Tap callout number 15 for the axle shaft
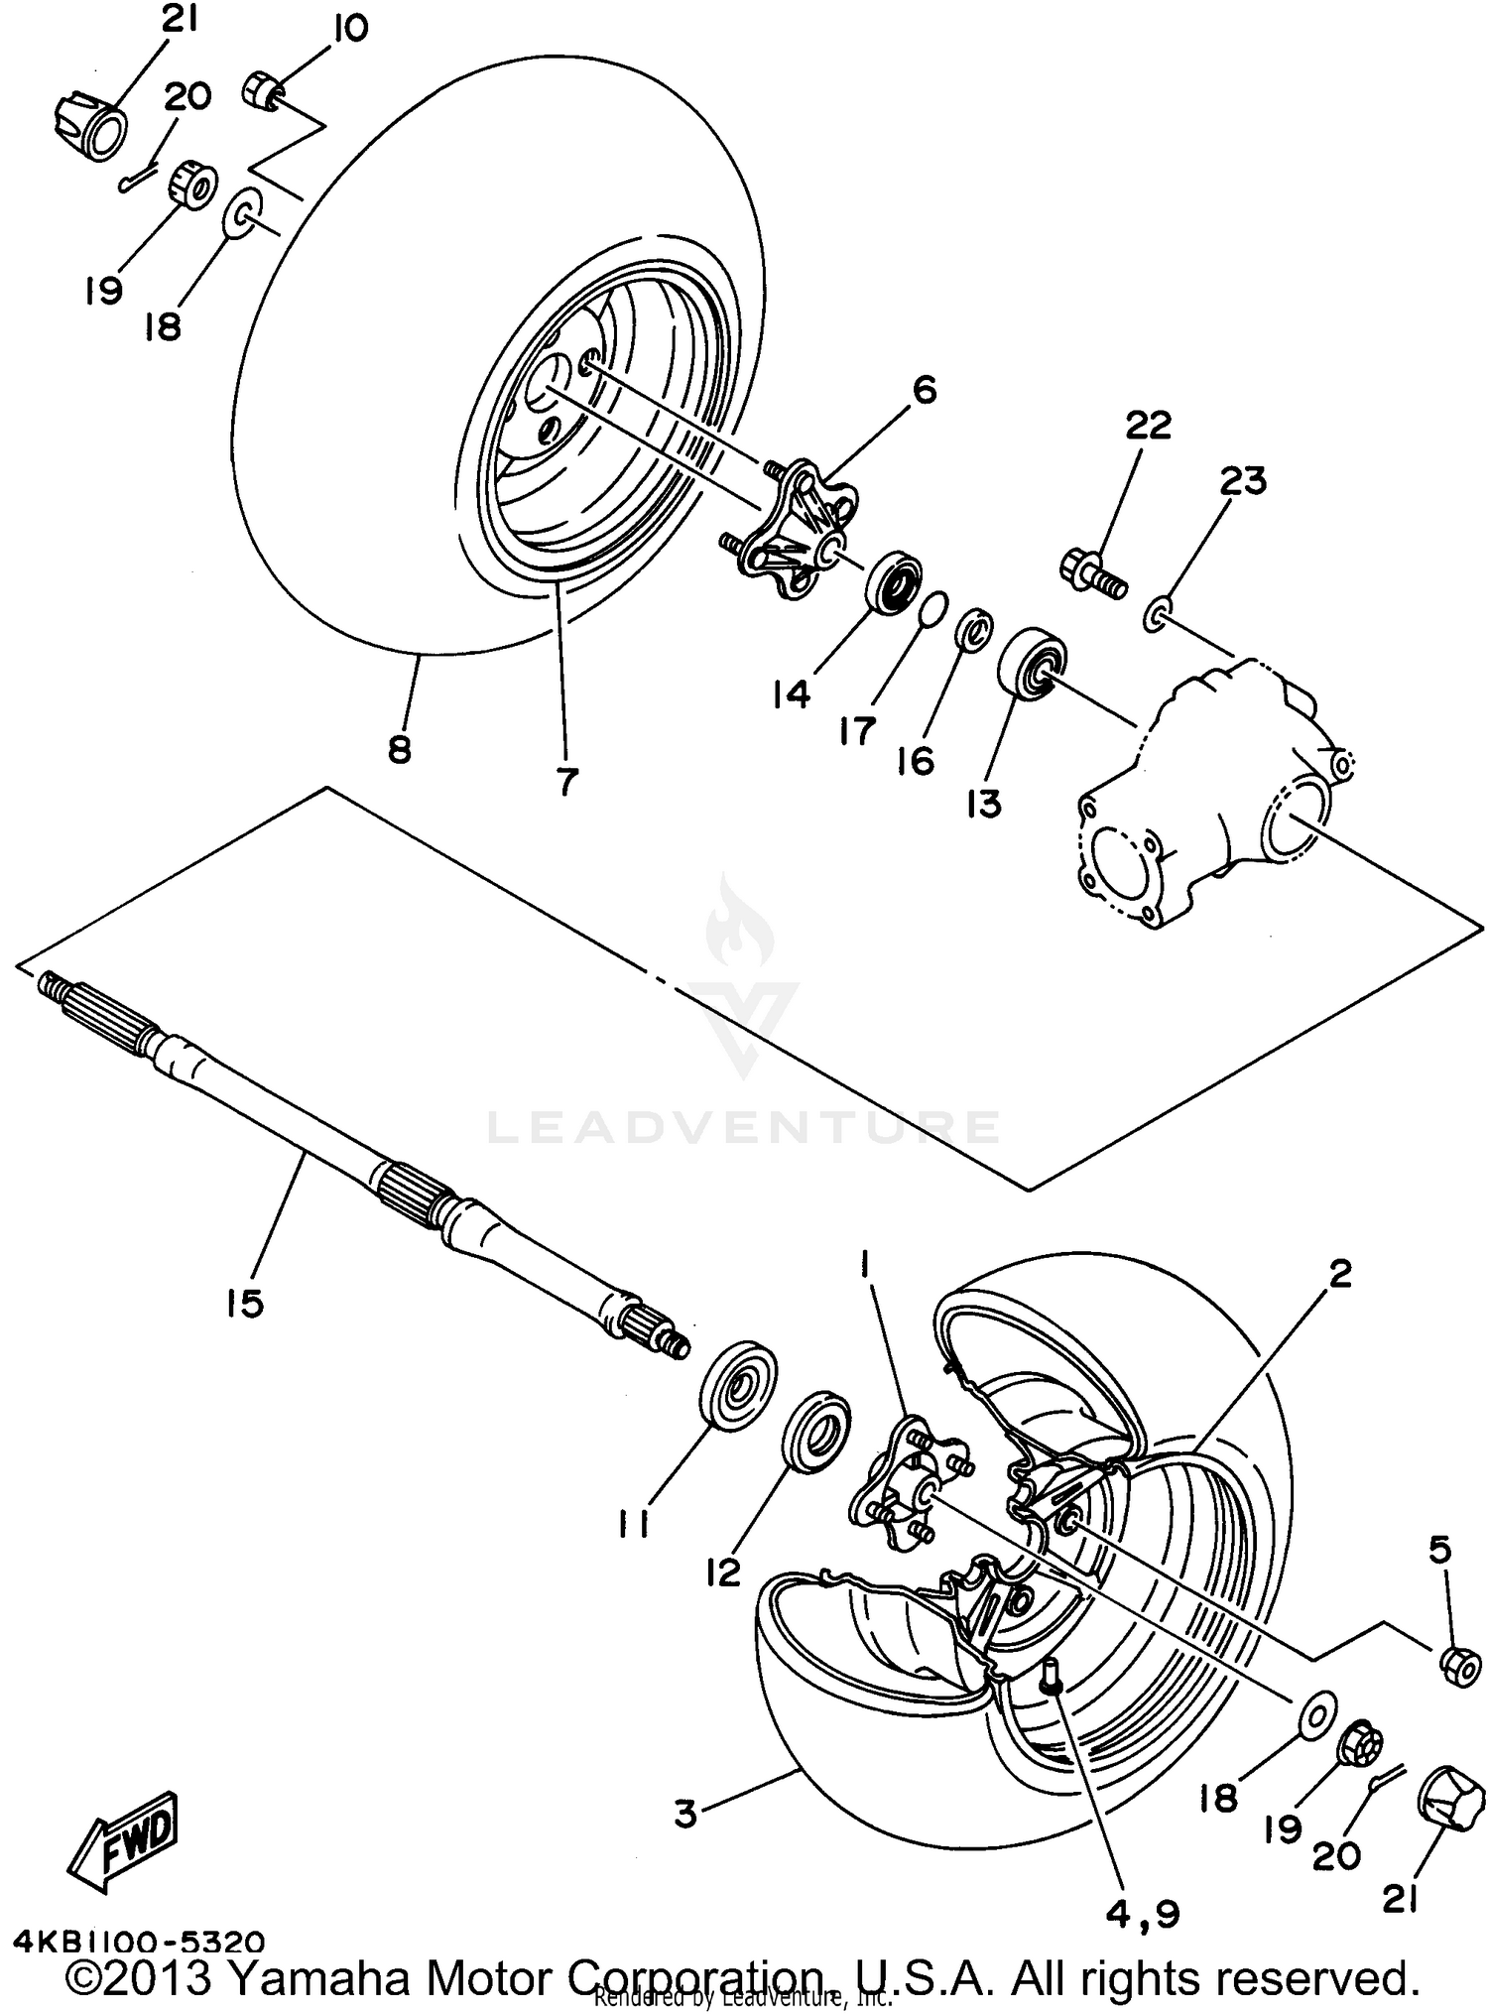tap(244, 1303)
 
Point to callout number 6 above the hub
tap(923, 390)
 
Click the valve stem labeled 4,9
tap(1052, 1676)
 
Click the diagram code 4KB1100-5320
tap(139, 1939)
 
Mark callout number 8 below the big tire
tap(399, 749)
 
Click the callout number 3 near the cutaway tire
tap(684, 1815)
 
